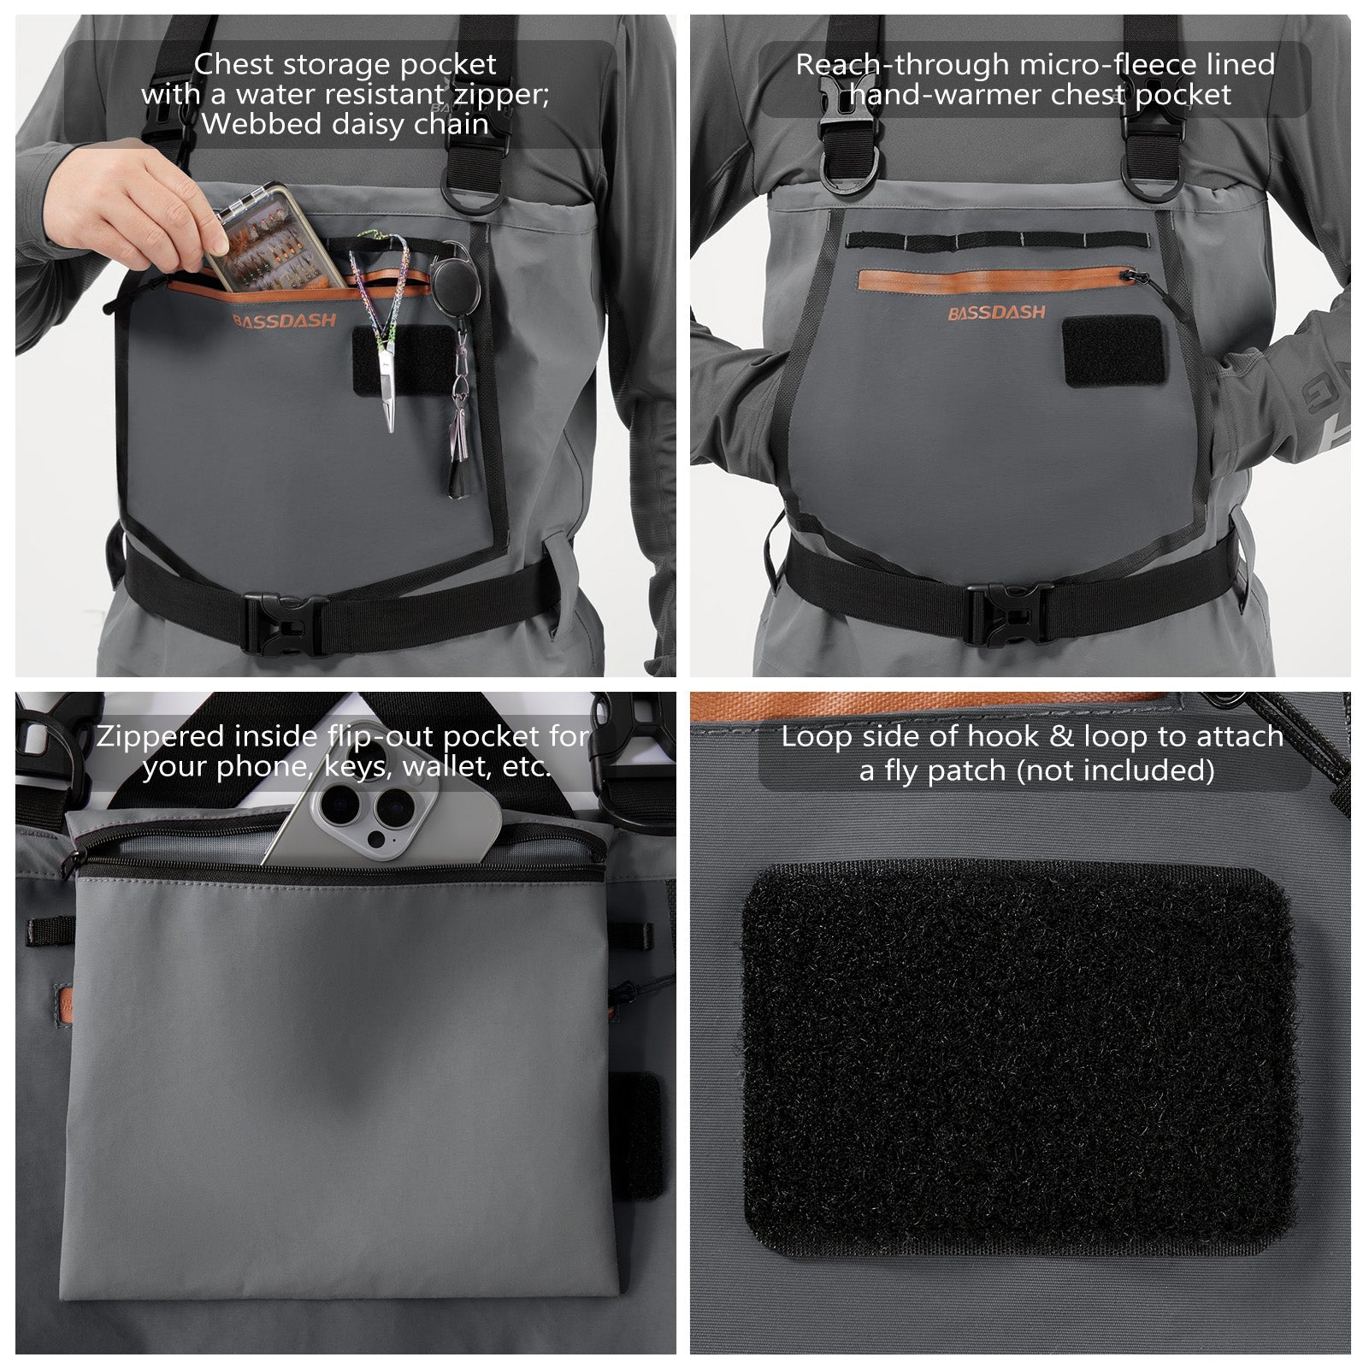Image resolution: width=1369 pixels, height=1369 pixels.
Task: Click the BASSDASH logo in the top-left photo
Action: tap(285, 322)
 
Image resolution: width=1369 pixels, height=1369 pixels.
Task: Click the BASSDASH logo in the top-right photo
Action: tap(996, 314)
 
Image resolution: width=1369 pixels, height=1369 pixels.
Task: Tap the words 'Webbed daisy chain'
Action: tap(345, 124)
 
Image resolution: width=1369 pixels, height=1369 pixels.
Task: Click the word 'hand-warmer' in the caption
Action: tap(947, 95)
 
